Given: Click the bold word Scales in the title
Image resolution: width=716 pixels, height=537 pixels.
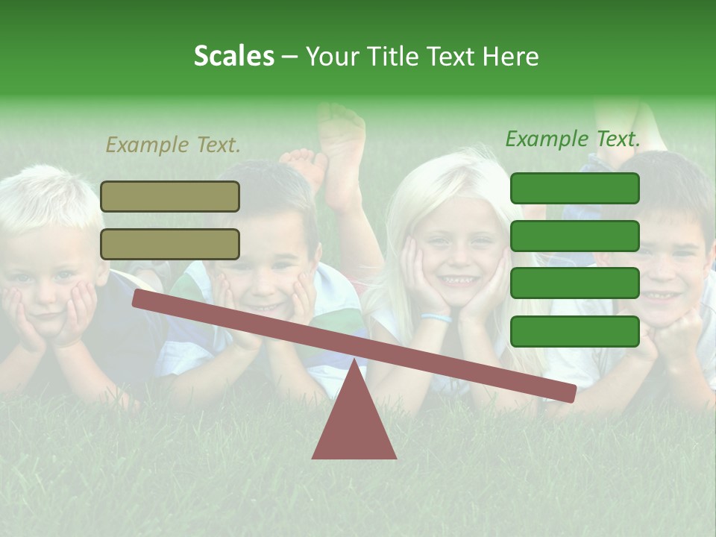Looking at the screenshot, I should tap(233, 56).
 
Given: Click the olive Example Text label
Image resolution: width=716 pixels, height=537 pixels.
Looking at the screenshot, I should tap(173, 145).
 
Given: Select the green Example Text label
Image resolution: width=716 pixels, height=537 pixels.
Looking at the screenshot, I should tap(573, 139).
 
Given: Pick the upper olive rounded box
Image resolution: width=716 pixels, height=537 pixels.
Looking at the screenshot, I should tap(170, 196).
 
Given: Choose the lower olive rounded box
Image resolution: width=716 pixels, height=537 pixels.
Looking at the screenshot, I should tap(170, 244).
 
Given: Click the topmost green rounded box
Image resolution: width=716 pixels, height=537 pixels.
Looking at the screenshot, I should tap(574, 189).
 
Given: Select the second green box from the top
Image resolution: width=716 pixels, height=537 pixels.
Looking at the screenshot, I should tap(574, 236).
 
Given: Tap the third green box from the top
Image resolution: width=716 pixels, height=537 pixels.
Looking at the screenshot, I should tap(574, 283).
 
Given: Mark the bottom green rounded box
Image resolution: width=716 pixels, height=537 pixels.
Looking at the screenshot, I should tap(574, 331).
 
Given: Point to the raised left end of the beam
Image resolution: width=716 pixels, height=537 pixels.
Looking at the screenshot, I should tap(139, 298).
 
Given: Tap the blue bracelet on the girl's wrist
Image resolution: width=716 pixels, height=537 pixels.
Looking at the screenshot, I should tap(436, 318).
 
